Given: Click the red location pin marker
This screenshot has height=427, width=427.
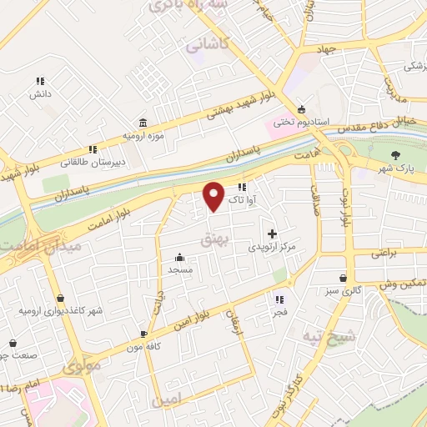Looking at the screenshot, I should tap(214, 195).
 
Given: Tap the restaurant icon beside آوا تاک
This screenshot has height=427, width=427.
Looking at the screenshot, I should tap(242, 187).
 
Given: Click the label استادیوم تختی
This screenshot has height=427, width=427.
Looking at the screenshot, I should tap(329, 122).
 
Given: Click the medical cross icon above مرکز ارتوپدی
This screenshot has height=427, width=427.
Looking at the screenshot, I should tap(271, 234).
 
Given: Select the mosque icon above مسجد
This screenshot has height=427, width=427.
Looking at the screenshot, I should tap(180, 258).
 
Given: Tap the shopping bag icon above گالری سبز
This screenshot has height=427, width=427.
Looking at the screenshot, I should tap(344, 279).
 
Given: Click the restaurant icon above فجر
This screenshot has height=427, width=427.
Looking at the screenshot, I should tap(279, 299).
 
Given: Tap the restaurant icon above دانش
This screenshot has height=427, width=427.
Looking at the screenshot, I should tap(39, 81).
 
